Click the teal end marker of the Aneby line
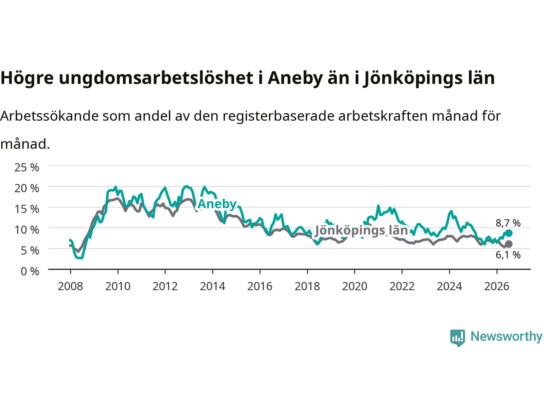[x=509, y=233]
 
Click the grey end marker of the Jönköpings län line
[x=509, y=244]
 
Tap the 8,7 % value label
[x=508, y=223]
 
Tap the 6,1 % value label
[x=508, y=255]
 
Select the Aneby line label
[x=217, y=204]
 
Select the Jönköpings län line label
[x=361, y=231]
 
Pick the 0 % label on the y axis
[x=30, y=272]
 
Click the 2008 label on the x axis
[x=71, y=286]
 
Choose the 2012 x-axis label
[x=165, y=286]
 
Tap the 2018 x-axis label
[x=307, y=286]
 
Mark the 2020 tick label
[x=354, y=286]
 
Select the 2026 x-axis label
[x=497, y=286]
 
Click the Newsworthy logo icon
[x=457, y=338]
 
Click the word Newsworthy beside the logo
[x=506, y=337]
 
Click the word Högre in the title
[x=27, y=78]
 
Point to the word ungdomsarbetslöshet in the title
[x=156, y=78]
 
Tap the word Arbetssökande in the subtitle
[x=50, y=116]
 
